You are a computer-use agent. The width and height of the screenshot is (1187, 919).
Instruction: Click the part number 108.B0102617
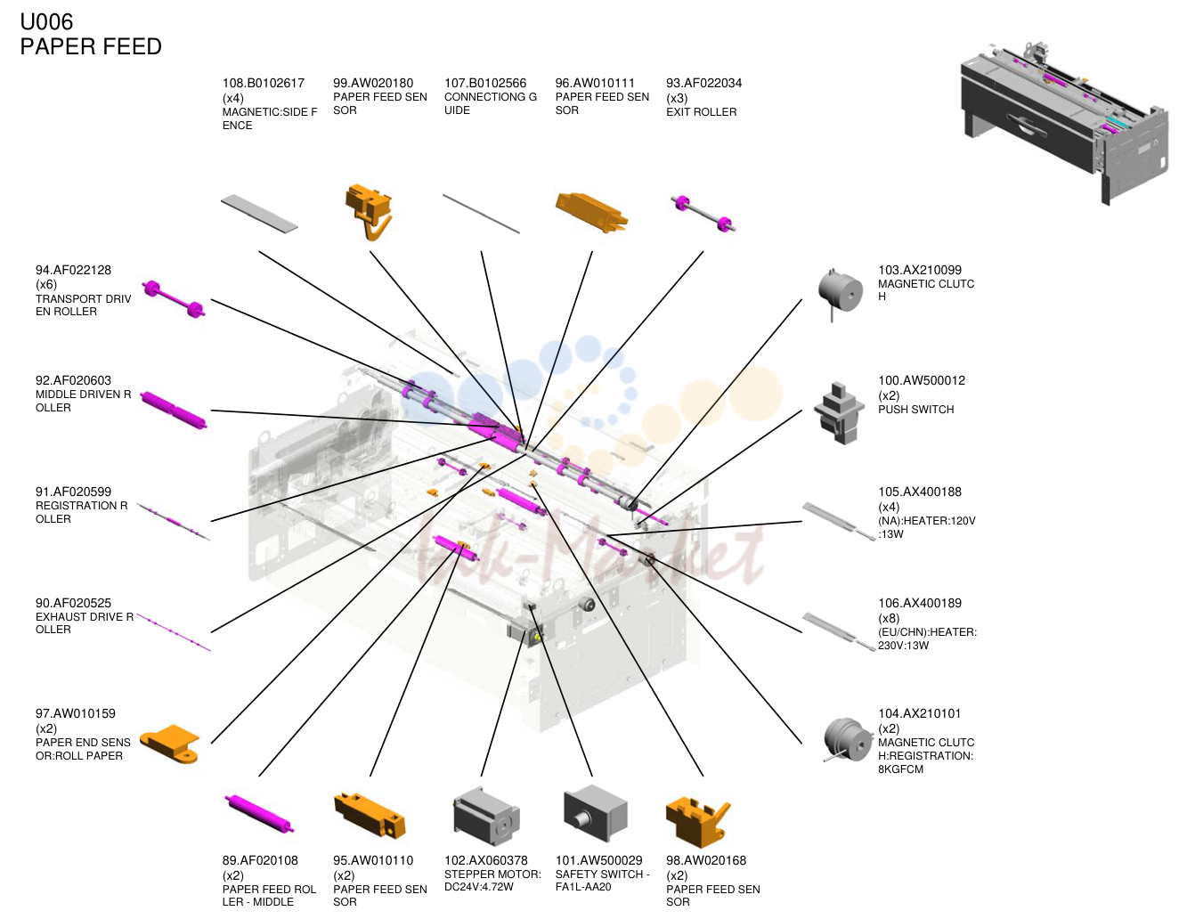coord(263,83)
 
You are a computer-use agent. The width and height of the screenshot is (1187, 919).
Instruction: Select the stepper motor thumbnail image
coord(485,817)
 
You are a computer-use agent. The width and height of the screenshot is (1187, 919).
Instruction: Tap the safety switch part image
coord(596,813)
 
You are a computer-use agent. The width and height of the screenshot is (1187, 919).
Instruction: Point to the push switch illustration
coord(839,413)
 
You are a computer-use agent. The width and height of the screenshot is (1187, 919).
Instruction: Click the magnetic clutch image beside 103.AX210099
coord(840,294)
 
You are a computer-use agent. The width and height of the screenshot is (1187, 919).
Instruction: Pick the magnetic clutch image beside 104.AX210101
coord(848,740)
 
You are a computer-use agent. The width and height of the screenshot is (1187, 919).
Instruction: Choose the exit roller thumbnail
coord(703,214)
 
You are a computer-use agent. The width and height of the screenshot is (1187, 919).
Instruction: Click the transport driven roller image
coord(174,298)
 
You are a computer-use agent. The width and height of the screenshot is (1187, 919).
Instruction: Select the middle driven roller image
coord(174,411)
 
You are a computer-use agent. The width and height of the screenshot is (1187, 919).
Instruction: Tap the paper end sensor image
coord(170,744)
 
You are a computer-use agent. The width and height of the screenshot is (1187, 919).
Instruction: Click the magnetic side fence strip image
coord(259,214)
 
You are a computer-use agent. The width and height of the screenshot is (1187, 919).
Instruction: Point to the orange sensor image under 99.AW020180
coord(369,212)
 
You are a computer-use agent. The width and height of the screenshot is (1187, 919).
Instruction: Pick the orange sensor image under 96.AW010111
coord(591,213)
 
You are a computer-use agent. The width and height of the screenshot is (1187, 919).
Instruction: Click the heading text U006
coord(46,22)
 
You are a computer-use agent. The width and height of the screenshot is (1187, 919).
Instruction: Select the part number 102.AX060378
coord(485,860)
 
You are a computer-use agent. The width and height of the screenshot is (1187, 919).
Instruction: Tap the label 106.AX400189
coord(919,603)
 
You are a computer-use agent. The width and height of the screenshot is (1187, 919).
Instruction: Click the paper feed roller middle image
coord(259,814)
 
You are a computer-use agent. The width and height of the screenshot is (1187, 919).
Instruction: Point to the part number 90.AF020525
coord(73,603)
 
